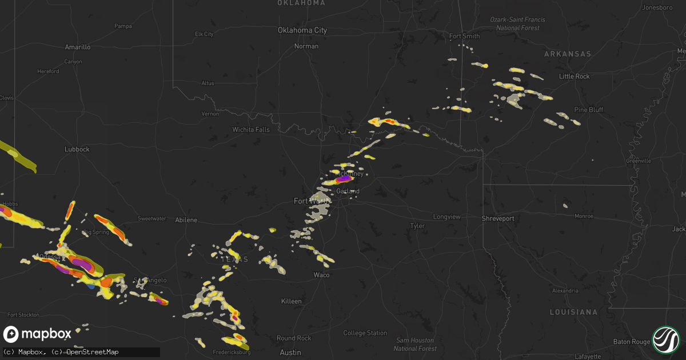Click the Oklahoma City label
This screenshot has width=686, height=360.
302,30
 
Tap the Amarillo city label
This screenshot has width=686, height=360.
78,47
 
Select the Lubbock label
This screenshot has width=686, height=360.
77,149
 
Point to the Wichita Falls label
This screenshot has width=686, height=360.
251,130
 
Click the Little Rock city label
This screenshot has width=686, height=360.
574,77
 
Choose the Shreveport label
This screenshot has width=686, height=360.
497,218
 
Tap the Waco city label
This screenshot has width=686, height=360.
321,275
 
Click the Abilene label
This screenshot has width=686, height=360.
186,220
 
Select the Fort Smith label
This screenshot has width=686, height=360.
464,37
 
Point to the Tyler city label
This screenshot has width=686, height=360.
417,226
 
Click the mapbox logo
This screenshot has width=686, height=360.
38,334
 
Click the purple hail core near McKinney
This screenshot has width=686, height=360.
345,179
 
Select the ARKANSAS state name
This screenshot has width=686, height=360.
568,54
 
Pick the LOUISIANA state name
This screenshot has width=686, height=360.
573,312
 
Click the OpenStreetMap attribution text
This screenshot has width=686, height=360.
93,352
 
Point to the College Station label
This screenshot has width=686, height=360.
365,333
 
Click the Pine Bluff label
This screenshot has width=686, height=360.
589,109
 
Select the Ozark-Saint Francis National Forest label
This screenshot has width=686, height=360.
517,23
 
